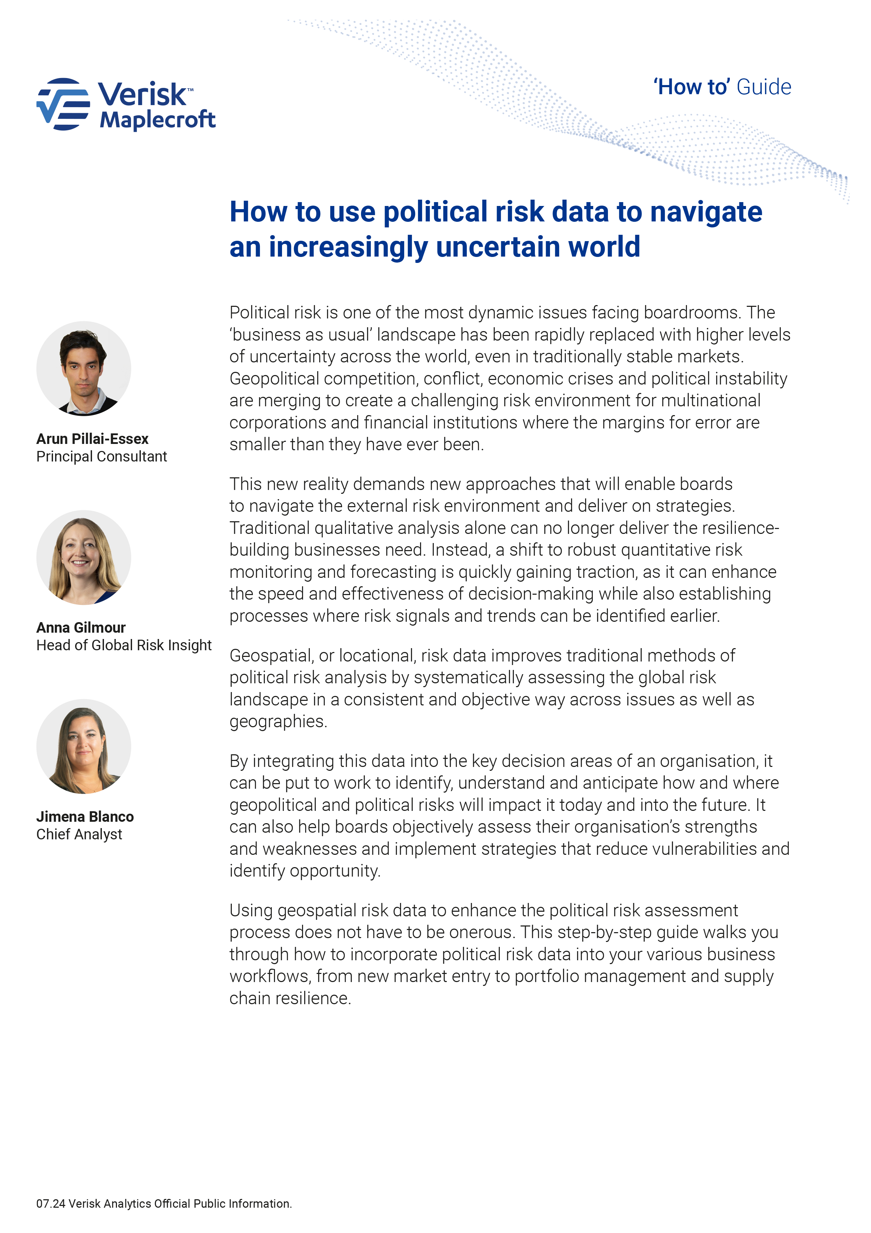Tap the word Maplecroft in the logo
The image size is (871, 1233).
[x=157, y=119]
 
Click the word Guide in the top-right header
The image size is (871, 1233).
[x=764, y=87]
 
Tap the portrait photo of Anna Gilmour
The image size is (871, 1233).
[x=84, y=557]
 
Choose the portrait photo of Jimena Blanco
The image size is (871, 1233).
[x=84, y=747]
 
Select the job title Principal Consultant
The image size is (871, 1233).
[x=101, y=457]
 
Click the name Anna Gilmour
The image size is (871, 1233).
[x=81, y=628]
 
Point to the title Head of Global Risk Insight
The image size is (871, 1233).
[x=124, y=645]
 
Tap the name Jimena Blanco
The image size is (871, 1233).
[x=85, y=817]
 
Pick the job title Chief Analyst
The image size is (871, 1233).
[x=79, y=834]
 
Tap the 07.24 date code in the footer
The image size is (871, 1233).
[x=51, y=1204]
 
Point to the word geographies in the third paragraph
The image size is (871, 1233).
[x=278, y=722]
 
